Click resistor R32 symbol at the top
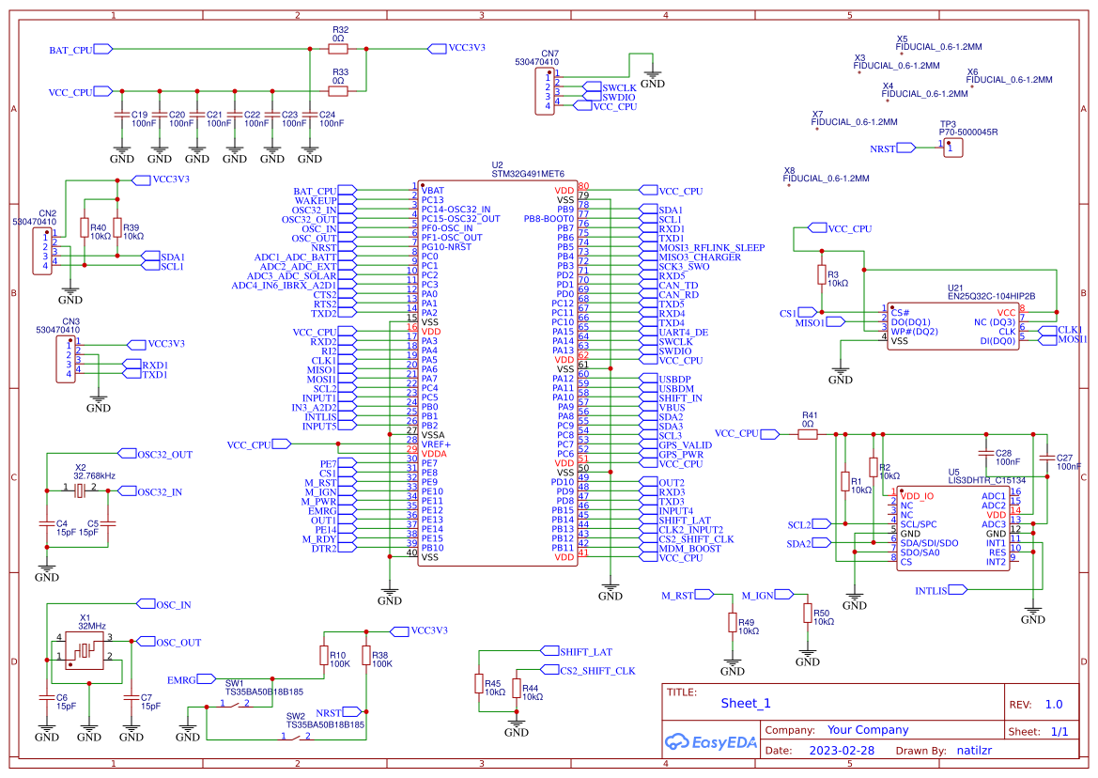click(339, 48)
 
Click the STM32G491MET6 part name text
click(528, 174)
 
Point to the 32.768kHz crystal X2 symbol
click(80, 490)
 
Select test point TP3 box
click(953, 148)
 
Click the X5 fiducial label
click(902, 39)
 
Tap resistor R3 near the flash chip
click(821, 275)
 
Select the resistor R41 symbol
click(809, 433)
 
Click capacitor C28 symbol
click(985, 455)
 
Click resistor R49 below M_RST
click(733, 623)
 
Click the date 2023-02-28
click(842, 750)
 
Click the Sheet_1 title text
click(746, 703)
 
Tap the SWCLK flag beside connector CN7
click(620, 86)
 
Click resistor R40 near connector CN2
click(85, 228)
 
